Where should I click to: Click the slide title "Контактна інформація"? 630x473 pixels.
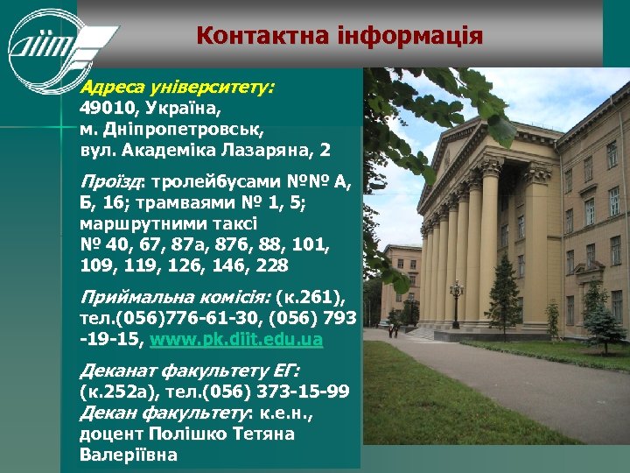click(x=339, y=36)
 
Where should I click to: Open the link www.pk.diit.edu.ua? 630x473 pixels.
click(x=236, y=340)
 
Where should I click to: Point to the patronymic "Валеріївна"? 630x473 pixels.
click(x=128, y=455)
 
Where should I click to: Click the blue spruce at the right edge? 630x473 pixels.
click(x=605, y=320)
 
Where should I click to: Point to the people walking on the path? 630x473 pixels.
click(x=395, y=330)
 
